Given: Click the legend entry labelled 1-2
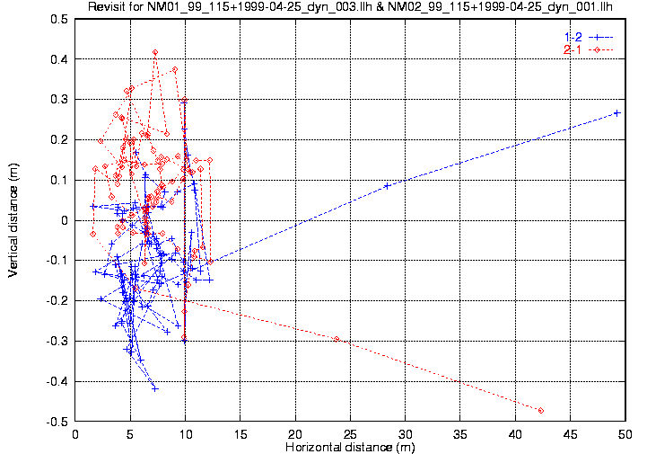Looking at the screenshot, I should click(573, 37).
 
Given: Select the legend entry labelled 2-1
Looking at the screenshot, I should click(573, 49).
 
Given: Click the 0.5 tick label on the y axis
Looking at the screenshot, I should click(60, 19).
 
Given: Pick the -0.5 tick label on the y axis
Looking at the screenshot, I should click(58, 422).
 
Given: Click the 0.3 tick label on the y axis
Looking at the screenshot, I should click(60, 100).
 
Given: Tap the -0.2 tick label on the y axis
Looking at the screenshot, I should click(58, 301).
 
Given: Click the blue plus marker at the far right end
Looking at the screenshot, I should click(616, 112).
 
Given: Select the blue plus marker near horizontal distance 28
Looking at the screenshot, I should click(387, 186).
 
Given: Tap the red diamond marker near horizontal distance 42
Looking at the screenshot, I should click(541, 411).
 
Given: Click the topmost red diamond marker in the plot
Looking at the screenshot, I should click(155, 53).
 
